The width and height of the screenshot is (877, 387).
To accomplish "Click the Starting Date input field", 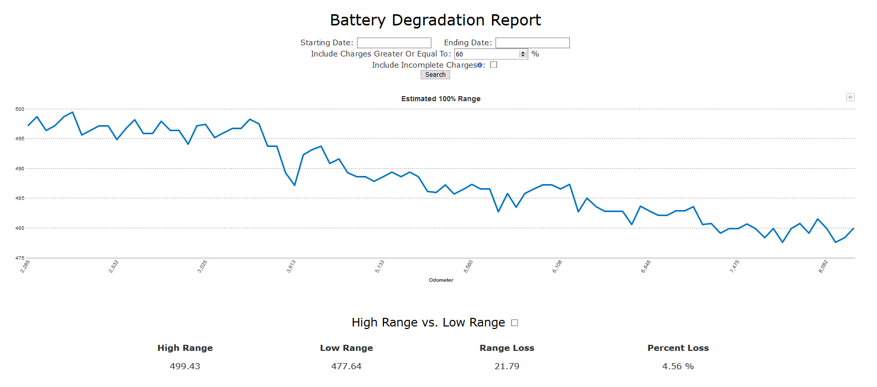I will click(x=394, y=43).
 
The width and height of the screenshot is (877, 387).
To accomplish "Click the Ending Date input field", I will click(x=532, y=43).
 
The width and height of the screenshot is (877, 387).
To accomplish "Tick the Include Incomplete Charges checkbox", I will click(x=494, y=65).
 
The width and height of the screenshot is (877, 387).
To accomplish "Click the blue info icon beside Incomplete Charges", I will click(x=480, y=65).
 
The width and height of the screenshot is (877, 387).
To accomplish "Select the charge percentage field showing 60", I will click(x=486, y=54).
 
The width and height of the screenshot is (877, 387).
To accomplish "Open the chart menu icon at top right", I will click(x=850, y=97).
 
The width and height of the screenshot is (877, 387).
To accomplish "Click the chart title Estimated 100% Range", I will click(x=441, y=99).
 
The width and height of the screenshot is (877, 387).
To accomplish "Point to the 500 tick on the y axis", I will click(x=20, y=109).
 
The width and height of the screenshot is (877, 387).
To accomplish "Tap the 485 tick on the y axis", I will click(x=20, y=198).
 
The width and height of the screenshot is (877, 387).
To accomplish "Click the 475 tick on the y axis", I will click(x=20, y=258).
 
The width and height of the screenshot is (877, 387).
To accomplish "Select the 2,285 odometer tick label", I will click(x=25, y=266).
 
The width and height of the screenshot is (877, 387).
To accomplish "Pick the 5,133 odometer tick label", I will click(x=380, y=266).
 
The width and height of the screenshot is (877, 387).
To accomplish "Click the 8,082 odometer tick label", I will click(x=823, y=266).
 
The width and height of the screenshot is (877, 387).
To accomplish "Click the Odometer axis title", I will click(x=441, y=280).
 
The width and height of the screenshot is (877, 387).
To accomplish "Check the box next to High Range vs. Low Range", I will click(x=514, y=323).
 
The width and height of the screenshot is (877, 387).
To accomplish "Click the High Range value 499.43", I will click(x=185, y=366).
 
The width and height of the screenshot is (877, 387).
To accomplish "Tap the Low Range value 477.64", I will click(x=346, y=366).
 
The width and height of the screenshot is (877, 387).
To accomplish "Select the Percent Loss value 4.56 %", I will click(x=678, y=366).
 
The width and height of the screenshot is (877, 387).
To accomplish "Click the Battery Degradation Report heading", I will click(x=435, y=20).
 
